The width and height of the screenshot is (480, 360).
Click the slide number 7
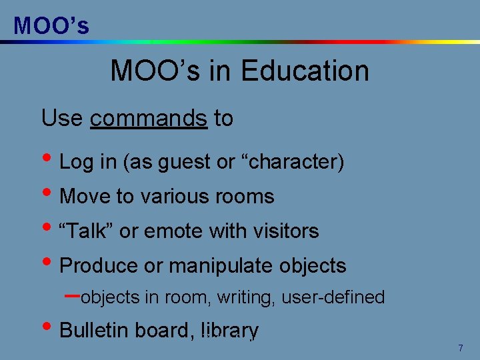pos(460,349)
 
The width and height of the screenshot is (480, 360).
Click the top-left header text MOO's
pos(51,25)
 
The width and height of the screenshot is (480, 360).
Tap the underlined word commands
pos(149,119)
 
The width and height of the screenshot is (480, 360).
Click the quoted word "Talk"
pos(87,231)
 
